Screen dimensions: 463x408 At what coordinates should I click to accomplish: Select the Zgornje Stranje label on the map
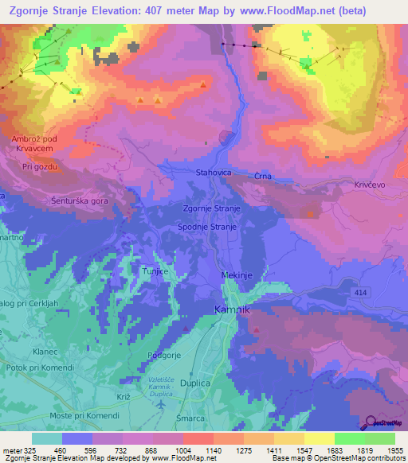tap(211, 208)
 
